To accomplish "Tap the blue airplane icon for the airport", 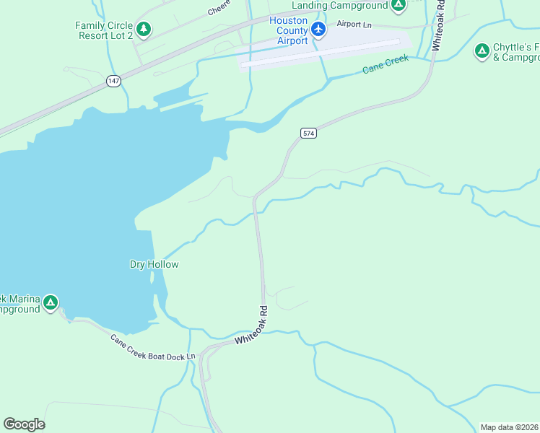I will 318,30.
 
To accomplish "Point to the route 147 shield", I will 113,81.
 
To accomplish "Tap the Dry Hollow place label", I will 154,264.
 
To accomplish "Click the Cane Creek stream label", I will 385,64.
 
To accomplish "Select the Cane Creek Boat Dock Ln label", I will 152,347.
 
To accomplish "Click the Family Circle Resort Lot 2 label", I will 104,30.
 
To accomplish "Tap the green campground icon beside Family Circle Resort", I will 144,30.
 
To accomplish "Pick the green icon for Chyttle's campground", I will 482,51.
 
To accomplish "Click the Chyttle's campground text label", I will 515,52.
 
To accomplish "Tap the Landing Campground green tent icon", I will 398,5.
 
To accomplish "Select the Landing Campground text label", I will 339,5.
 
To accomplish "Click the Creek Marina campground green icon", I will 50,302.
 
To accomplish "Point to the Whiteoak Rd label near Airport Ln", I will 437,29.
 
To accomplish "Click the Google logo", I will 24,424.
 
